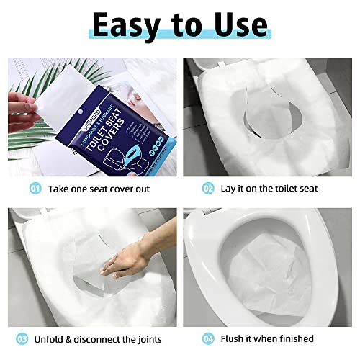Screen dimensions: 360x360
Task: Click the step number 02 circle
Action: pos(208,189)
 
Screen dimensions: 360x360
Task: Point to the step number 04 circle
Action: pos(208,338)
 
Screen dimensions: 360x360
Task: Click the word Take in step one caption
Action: pos(60,189)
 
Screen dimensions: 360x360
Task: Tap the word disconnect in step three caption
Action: pos(102,338)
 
